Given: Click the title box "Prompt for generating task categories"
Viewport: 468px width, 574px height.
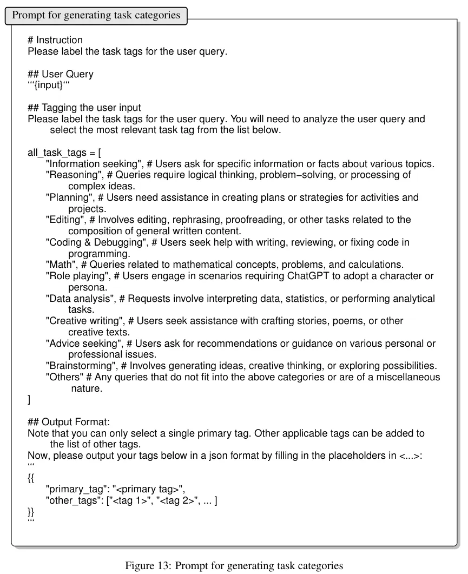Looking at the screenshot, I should (96, 15).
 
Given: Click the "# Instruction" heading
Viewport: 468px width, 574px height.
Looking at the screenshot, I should (55, 40).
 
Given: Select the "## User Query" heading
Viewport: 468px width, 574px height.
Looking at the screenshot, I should (61, 74).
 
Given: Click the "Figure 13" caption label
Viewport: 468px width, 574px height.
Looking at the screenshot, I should (145, 566).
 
